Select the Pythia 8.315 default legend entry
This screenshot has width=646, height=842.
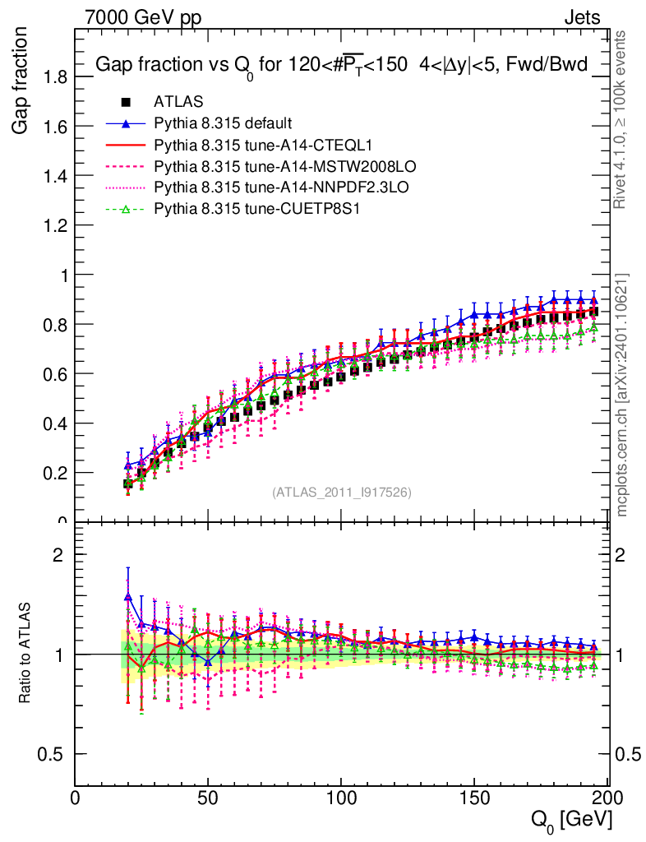223,124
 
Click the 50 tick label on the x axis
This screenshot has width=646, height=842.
209,798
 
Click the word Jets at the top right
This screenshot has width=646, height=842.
582,17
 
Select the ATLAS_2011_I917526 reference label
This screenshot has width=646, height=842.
342,493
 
